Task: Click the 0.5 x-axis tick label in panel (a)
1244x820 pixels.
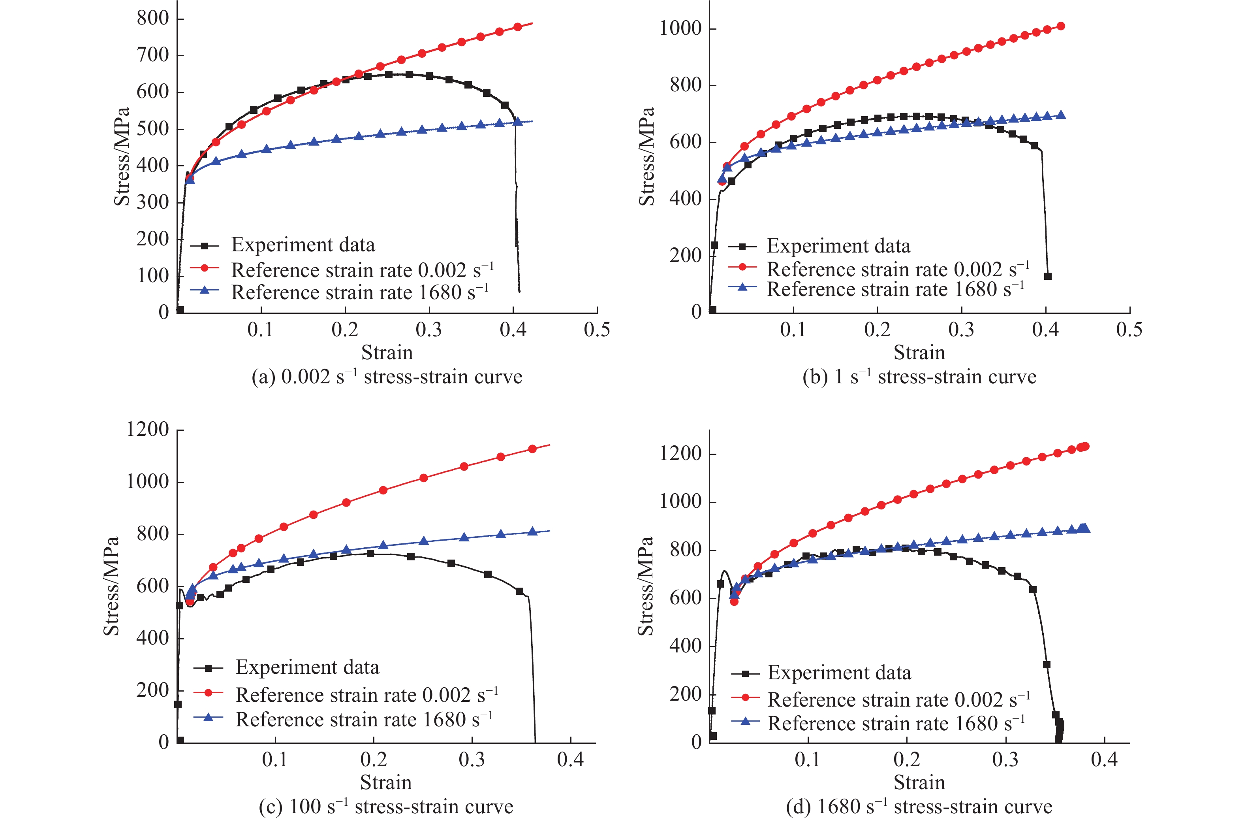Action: pos(596,330)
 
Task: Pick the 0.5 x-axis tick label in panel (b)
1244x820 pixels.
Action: pos(1129,330)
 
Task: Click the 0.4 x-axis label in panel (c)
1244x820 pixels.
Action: pos(570,759)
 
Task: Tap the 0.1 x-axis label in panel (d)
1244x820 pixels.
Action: pos(808,759)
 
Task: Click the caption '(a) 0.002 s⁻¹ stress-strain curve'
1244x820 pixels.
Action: pos(387,377)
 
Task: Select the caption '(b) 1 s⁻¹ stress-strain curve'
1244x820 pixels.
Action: pos(919,377)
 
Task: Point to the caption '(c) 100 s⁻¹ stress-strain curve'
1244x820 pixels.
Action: pos(386,806)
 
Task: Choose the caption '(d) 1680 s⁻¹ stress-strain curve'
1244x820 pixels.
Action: pos(919,806)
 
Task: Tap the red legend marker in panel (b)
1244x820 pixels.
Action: pos(742,267)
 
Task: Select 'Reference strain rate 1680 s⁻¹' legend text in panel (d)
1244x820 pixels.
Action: pos(895,723)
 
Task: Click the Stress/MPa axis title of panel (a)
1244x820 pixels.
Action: pos(121,157)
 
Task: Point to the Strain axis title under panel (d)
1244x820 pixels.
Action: pos(919,782)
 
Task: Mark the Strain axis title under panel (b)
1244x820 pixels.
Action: pos(919,353)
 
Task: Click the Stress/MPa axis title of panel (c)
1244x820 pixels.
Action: pos(111,586)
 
